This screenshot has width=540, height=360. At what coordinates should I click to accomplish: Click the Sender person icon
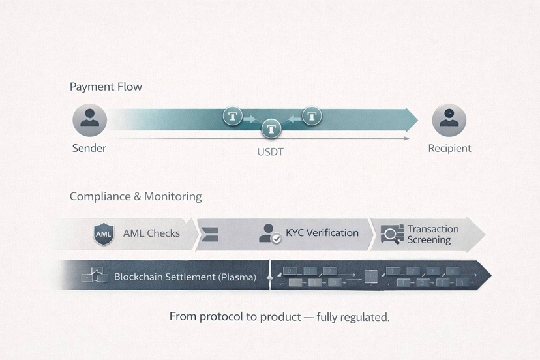pyautogui.click(x=89, y=120)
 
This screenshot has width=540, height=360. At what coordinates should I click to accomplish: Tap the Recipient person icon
pyautogui.click(x=449, y=120)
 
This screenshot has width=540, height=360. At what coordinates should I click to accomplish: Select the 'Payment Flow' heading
pyautogui.click(x=106, y=87)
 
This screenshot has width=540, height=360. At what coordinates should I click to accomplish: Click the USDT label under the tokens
pyautogui.click(x=270, y=152)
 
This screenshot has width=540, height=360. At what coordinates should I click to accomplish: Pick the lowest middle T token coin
pyautogui.click(x=271, y=128)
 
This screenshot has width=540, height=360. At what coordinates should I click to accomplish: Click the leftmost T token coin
pyautogui.click(x=233, y=117)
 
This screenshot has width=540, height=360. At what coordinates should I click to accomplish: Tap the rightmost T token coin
pyautogui.click(x=312, y=117)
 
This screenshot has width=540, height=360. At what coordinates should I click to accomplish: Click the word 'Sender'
pyautogui.click(x=89, y=148)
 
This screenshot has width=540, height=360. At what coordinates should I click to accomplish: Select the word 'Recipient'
pyautogui.click(x=449, y=148)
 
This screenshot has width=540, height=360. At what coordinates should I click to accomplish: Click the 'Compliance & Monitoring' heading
pyautogui.click(x=136, y=196)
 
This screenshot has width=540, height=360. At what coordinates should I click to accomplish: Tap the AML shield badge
pyautogui.click(x=104, y=233)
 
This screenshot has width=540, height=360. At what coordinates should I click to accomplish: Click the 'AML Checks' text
pyautogui.click(x=151, y=233)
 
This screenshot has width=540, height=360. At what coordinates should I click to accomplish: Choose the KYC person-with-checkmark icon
pyautogui.click(x=269, y=233)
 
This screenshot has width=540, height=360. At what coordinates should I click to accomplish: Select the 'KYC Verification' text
pyautogui.click(x=322, y=233)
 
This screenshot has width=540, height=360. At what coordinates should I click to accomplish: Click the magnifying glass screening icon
pyautogui.click(x=392, y=234)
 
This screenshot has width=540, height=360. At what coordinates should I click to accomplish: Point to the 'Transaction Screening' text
pyautogui.click(x=432, y=234)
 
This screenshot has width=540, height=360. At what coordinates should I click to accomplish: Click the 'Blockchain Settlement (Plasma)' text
pyautogui.click(x=185, y=277)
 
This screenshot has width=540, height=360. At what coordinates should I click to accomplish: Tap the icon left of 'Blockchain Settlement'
pyautogui.click(x=93, y=277)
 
